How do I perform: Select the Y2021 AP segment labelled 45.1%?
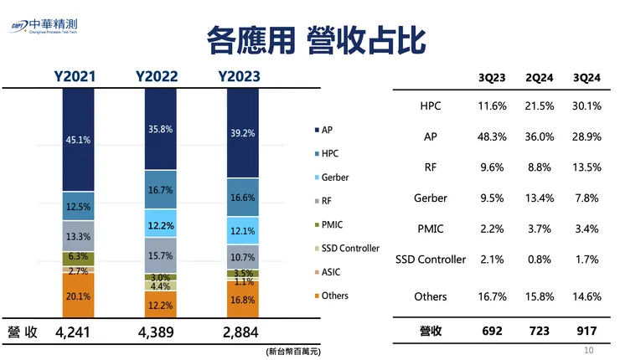coord(78,140)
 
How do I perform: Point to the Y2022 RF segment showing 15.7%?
coord(160,255)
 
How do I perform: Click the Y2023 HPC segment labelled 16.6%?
coord(242,198)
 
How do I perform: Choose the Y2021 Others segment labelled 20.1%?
coord(78,296)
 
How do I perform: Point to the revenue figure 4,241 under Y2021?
coord(78,332)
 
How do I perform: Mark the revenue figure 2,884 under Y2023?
coord(242,332)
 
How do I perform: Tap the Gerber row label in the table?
coord(430,198)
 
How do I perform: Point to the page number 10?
coord(588,349)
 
